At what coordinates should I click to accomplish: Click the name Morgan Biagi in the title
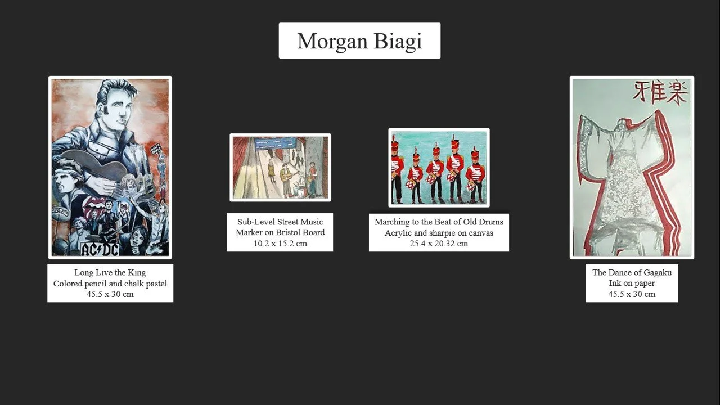359,41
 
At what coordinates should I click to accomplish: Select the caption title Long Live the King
110,273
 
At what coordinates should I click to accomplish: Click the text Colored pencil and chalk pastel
110,283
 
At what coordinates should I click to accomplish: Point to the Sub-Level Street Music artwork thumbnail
280,167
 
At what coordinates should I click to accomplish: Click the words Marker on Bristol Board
280,232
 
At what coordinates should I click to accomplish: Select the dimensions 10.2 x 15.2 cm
280,244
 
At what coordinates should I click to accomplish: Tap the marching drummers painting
439,168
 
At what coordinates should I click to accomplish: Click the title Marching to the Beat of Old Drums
439,222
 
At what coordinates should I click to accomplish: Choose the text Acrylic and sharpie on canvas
439,232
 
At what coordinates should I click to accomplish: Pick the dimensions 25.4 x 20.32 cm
439,244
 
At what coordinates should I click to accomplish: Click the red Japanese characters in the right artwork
660,93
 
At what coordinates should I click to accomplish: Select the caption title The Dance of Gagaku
632,273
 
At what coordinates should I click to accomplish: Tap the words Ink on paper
632,283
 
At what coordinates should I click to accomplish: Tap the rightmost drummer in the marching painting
475,174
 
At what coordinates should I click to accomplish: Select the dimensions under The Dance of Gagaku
632,294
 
